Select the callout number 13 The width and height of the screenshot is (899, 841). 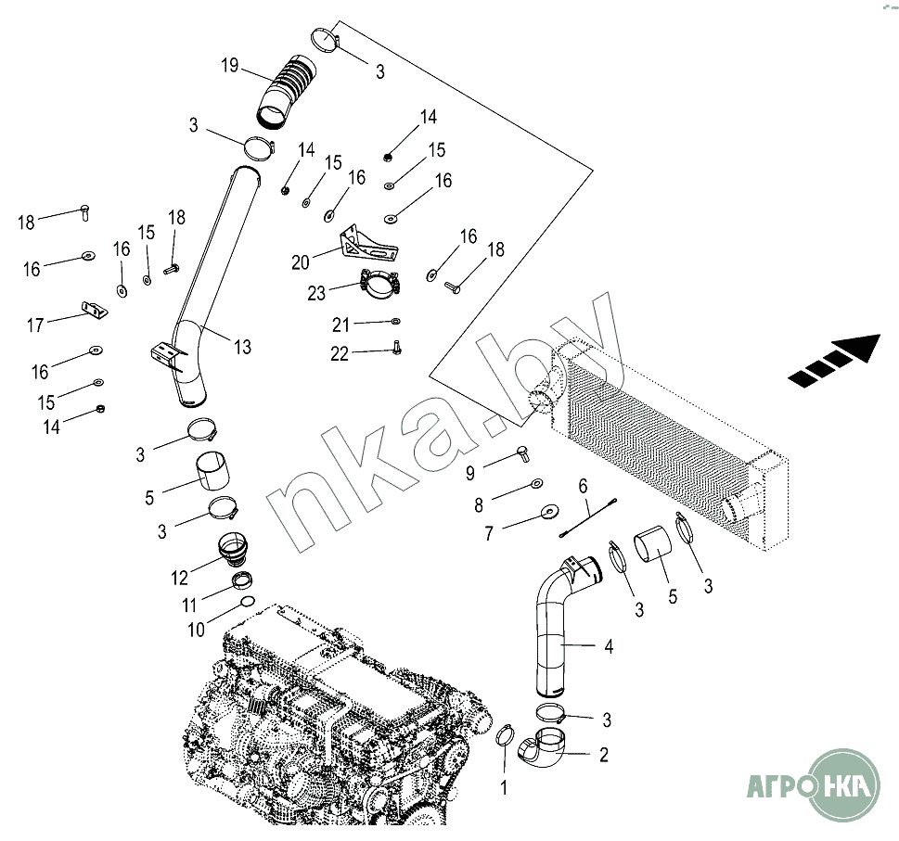(242, 348)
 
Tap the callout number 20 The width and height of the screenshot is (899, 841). (301, 262)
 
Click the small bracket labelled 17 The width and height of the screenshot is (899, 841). (94, 310)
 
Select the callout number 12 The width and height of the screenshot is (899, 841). (180, 579)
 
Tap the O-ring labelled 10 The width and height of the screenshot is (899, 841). (247, 604)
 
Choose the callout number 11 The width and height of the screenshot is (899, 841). (189, 605)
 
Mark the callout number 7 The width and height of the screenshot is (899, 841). (489, 534)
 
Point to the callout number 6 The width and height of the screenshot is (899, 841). (584, 485)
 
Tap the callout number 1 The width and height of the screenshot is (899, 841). (505, 789)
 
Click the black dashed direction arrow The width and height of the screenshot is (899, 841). (833, 360)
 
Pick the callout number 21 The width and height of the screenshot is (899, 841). (341, 325)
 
